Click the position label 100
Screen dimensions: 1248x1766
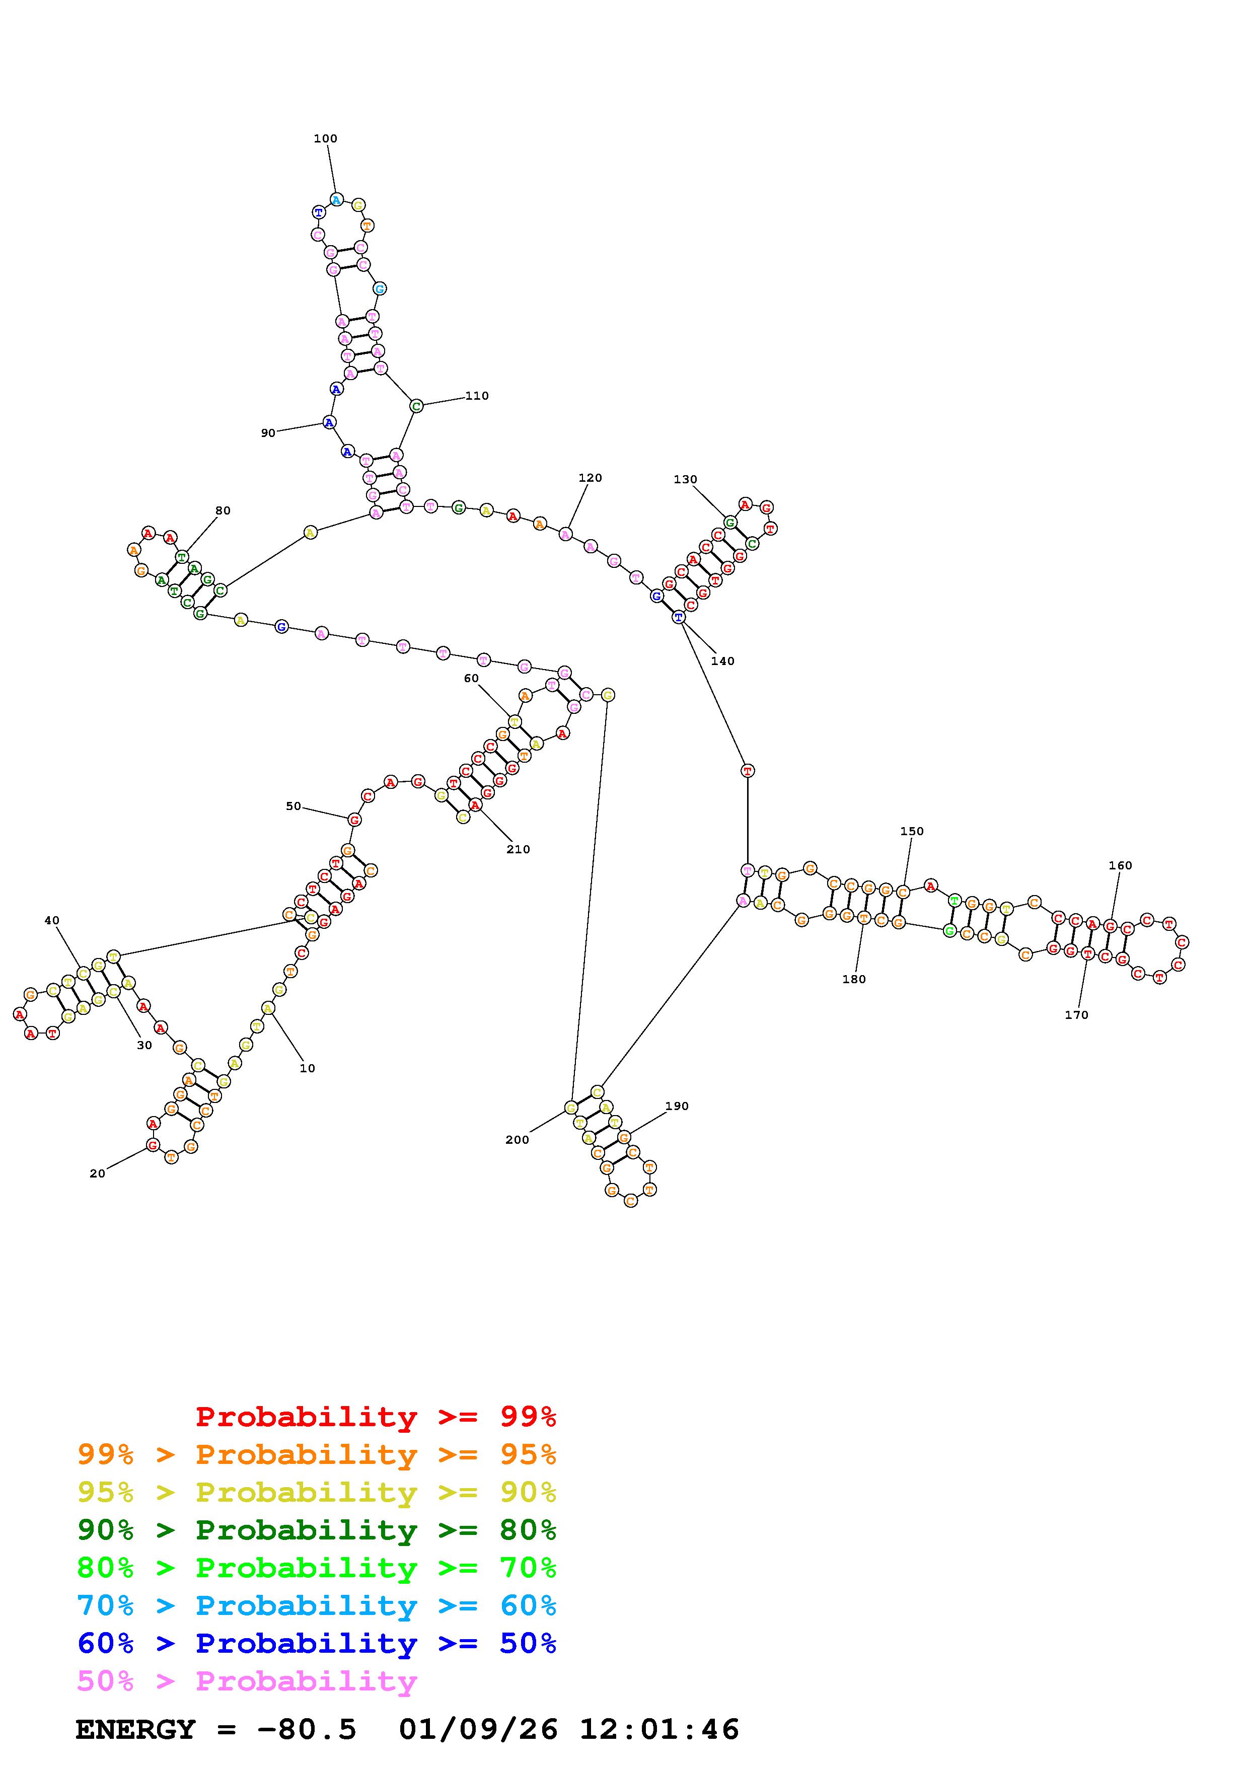point(325,138)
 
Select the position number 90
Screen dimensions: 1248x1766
point(268,433)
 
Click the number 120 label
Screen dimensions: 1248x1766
point(590,478)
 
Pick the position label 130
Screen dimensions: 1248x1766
point(685,479)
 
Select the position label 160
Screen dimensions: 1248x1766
point(1120,865)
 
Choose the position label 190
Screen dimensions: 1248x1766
point(677,1106)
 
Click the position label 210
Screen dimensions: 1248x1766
point(518,849)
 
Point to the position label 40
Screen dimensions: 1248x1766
point(51,920)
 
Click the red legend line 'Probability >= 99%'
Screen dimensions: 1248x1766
point(376,1417)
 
